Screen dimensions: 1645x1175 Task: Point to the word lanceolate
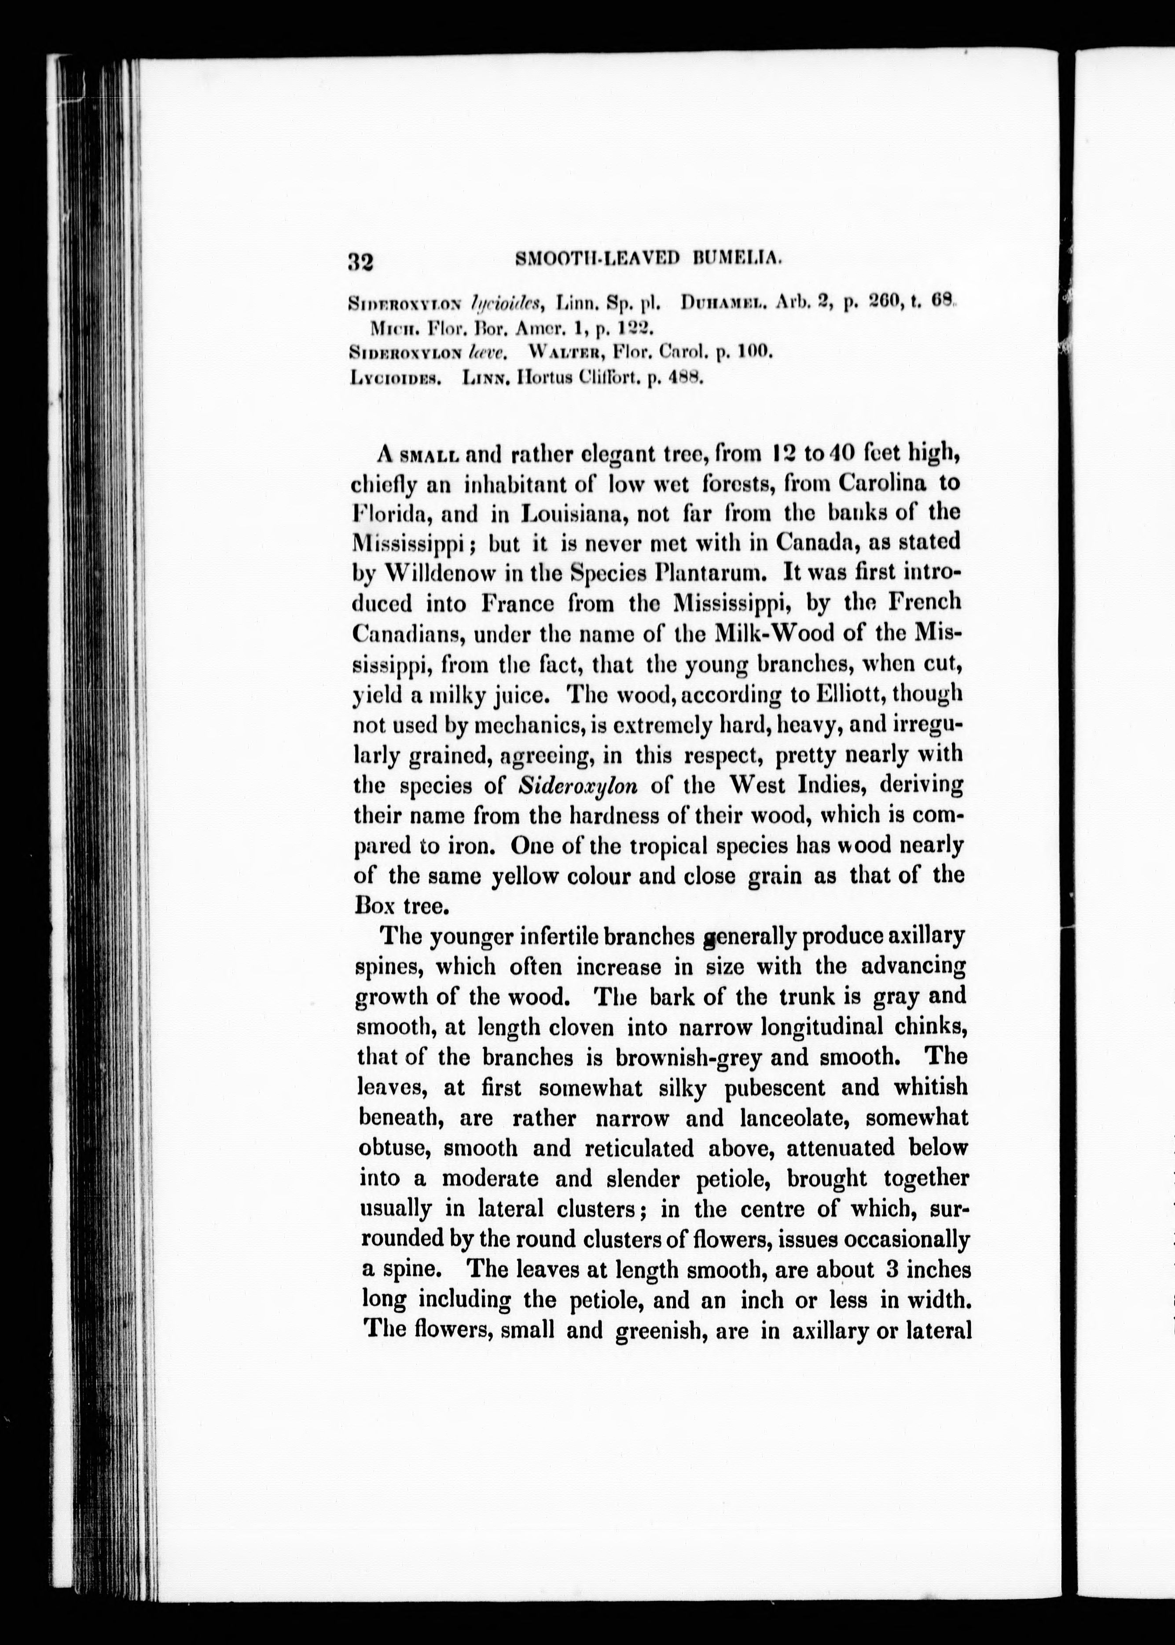[x=782, y=1118]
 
